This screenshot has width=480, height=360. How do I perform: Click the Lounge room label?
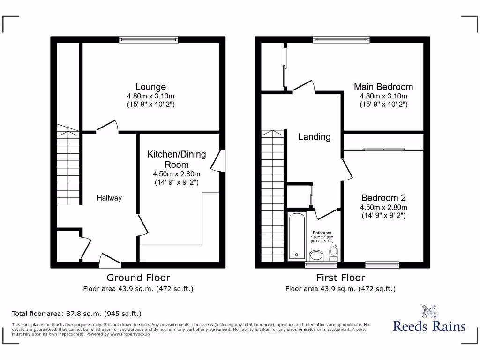pyautogui.click(x=150, y=87)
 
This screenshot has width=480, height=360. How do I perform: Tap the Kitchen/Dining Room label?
pyautogui.click(x=168, y=159)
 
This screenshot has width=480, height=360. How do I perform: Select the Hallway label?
pyautogui.click(x=109, y=198)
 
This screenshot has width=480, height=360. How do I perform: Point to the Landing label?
pyautogui.click(x=315, y=137)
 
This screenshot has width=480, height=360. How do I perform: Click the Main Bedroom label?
pyautogui.click(x=383, y=87)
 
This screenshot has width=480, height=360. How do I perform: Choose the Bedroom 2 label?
pyautogui.click(x=383, y=198)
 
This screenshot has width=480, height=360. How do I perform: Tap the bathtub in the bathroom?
pyautogui.click(x=297, y=235)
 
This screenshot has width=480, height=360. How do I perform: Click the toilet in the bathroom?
pyautogui.click(x=334, y=253)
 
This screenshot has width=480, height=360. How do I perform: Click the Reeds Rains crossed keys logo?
pyautogui.click(x=429, y=311)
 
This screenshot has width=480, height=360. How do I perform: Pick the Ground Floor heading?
pyautogui.click(x=138, y=278)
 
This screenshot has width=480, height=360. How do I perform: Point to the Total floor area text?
pyautogui.click(x=76, y=314)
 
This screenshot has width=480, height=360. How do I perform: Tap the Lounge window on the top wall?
pyautogui.click(x=148, y=40)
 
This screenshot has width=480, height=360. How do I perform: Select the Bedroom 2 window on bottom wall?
pyautogui.click(x=382, y=265)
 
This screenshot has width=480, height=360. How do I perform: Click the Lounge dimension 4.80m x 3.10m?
pyautogui.click(x=150, y=96)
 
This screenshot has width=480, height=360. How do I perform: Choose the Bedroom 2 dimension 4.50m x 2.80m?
pyautogui.click(x=383, y=207)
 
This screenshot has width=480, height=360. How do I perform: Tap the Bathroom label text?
pyautogui.click(x=322, y=233)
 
